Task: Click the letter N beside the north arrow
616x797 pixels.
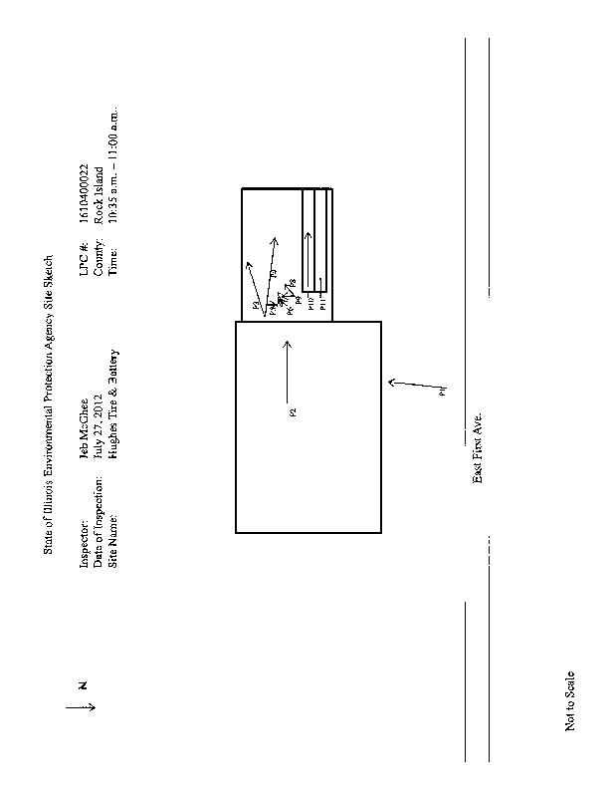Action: (x=84, y=684)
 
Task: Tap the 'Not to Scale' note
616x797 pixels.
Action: (x=570, y=699)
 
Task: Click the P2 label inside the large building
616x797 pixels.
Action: (x=293, y=410)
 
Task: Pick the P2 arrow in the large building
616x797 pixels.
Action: (x=287, y=368)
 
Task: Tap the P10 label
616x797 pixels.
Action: (x=309, y=305)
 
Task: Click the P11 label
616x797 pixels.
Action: (x=322, y=305)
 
